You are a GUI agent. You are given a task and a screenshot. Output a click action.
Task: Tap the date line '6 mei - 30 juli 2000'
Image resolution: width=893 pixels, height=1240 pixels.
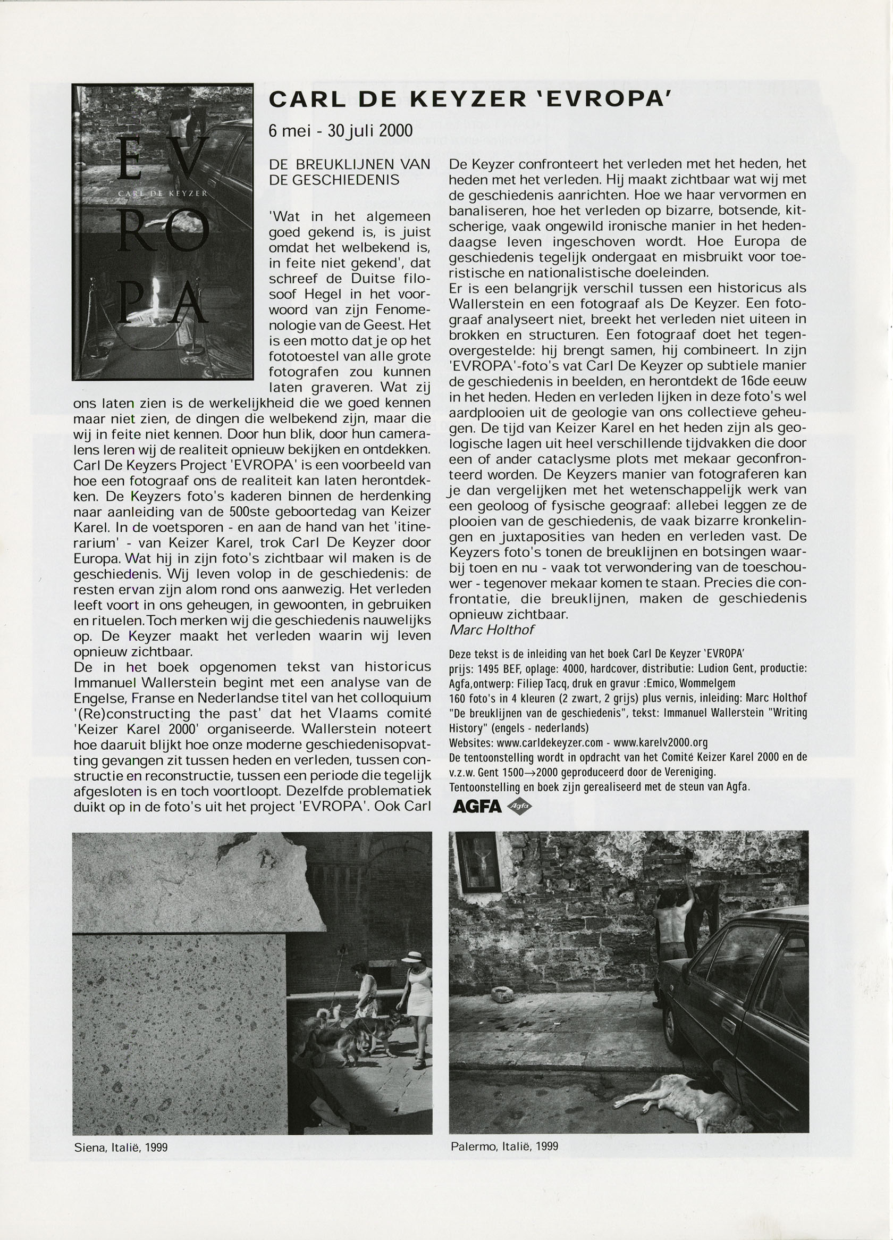point(340,130)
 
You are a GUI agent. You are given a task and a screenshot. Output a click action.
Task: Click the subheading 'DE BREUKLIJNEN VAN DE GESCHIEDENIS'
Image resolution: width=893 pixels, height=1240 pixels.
point(350,171)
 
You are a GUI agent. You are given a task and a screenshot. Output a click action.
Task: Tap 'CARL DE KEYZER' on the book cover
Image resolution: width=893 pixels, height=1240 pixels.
point(162,194)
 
